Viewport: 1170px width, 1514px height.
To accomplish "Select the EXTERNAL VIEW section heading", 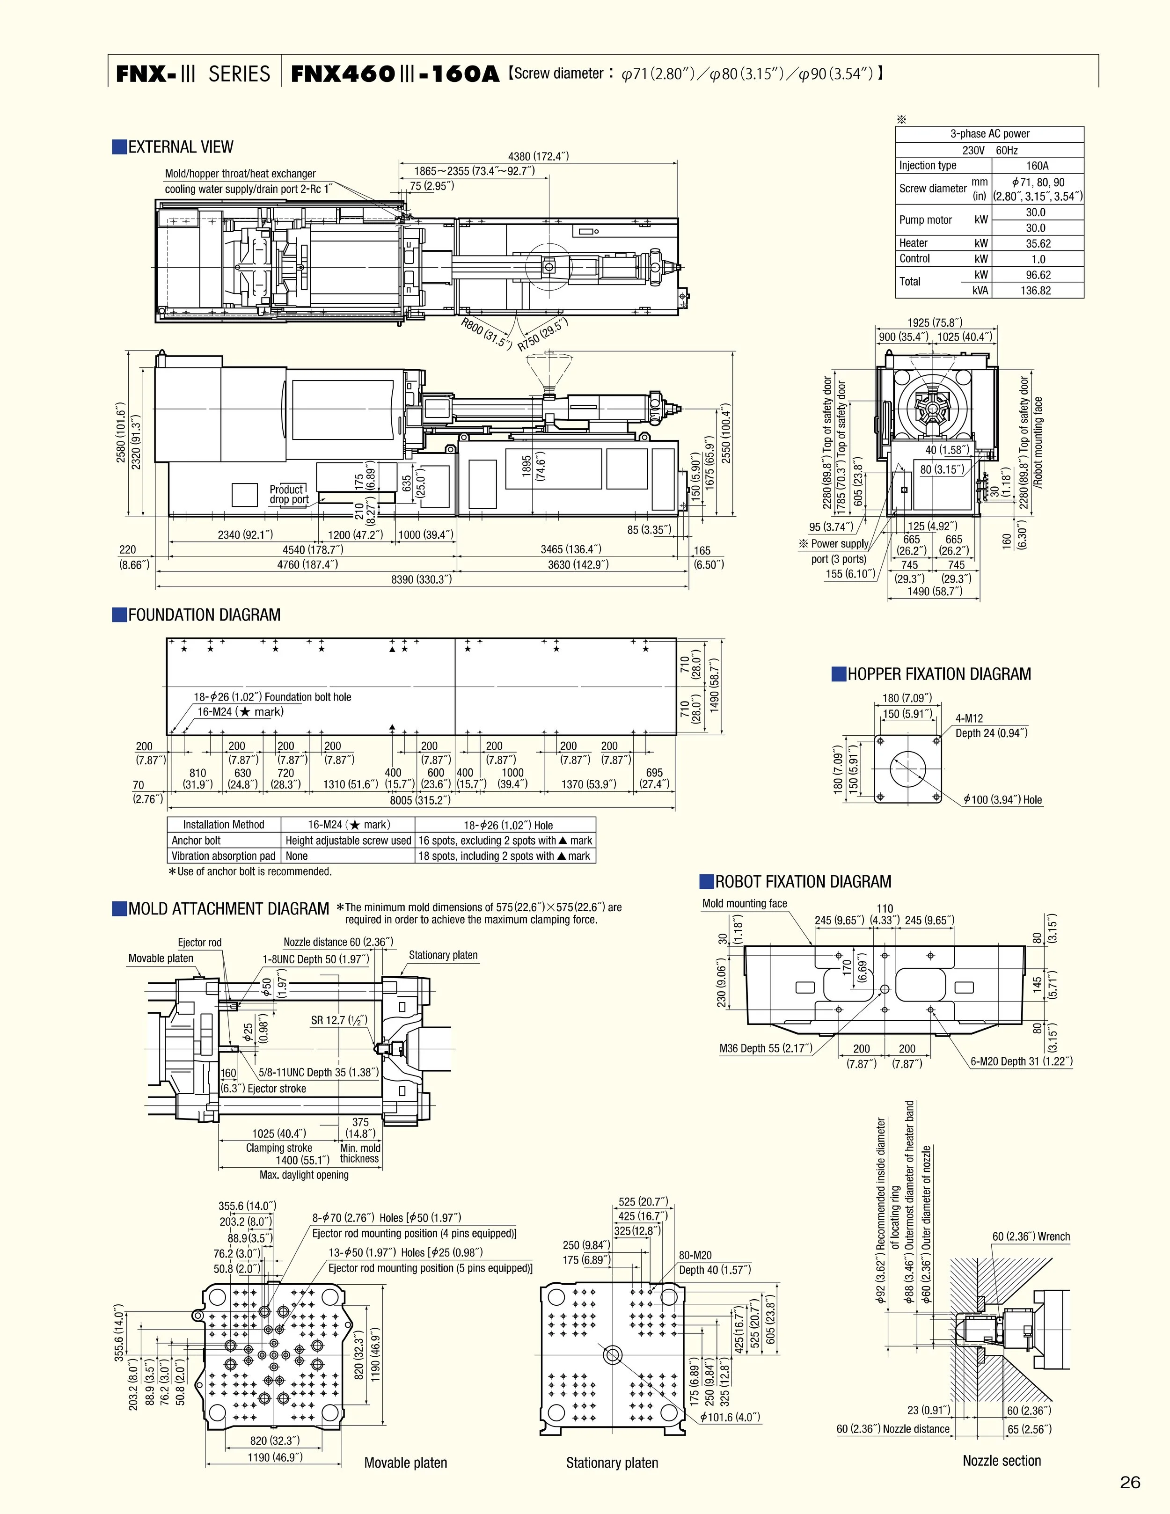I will tap(180, 147).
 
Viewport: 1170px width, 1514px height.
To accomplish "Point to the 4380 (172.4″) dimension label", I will tap(539, 157).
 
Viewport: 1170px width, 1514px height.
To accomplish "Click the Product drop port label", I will tap(289, 494).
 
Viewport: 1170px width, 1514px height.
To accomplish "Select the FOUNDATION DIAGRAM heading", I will tap(204, 615).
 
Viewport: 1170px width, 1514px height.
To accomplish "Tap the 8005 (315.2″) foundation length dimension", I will tap(420, 800).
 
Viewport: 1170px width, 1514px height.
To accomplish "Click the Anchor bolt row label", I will tap(196, 840).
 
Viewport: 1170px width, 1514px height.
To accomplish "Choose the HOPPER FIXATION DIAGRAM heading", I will tap(938, 674).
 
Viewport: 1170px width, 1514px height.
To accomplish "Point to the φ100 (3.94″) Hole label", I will tap(1002, 799).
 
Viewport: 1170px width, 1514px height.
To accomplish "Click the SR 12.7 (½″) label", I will tap(339, 1020).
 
